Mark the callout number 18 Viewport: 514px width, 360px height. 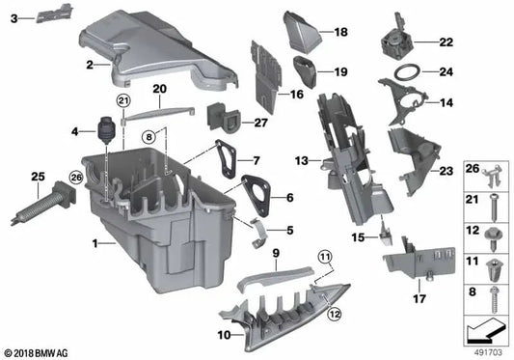click(339, 33)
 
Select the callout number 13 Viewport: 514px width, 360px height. click(301, 159)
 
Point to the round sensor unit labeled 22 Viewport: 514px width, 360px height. click(394, 41)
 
